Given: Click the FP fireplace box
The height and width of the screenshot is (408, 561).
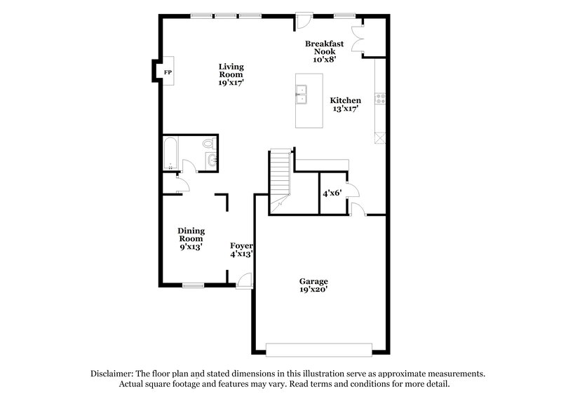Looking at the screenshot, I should click(168, 72).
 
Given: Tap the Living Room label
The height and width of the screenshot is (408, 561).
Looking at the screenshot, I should click(230, 74).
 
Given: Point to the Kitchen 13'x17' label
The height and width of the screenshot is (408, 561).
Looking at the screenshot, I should click(346, 104).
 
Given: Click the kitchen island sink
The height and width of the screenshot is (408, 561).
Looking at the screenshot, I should click(302, 94).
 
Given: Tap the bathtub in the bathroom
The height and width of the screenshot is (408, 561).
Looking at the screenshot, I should click(170, 154).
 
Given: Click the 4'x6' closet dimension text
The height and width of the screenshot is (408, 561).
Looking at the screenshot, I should click(332, 192).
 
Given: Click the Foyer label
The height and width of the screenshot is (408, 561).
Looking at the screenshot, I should click(242, 250).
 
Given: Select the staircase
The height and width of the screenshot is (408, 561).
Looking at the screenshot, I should click(280, 175).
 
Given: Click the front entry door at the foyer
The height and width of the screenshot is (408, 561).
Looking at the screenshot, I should click(244, 280).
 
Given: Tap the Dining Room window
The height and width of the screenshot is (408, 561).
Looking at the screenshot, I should click(193, 285).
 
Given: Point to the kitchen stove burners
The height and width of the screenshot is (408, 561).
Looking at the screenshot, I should click(381, 99).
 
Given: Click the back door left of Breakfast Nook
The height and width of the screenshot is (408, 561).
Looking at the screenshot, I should click(302, 20).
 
